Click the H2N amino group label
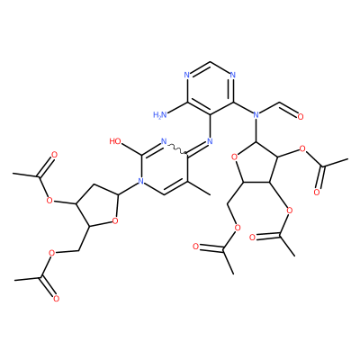point(160,115)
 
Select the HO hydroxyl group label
point(115,141)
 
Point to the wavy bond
point(177,148)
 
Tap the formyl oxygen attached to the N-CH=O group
point(300,116)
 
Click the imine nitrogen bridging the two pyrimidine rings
point(210,141)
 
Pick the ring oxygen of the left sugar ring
point(114,221)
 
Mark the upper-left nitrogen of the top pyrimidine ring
point(187,75)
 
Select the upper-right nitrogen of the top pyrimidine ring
point(233,75)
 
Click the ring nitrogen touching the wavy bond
point(164,141)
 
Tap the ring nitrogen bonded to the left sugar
point(140,181)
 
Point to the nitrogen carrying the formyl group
point(256,114)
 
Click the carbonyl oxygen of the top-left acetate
point(54,155)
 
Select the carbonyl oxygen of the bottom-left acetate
point(56,299)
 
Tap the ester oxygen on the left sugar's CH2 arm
point(51,253)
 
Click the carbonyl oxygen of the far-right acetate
point(317,193)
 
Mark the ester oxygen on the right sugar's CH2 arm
point(238,229)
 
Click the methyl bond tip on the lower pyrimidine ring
point(210,195)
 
